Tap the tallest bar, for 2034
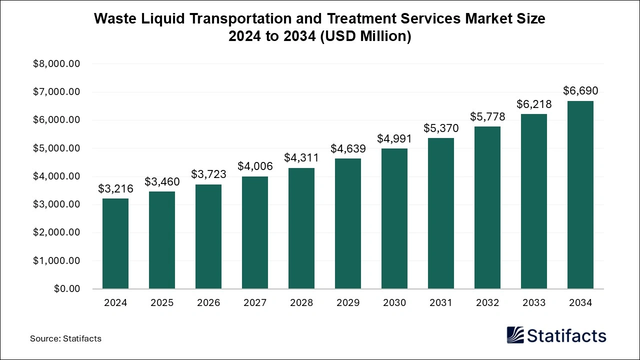click(580, 195)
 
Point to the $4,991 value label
click(394, 139)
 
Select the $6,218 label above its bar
click(534, 104)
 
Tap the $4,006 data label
click(254, 166)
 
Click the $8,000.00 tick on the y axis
click(56, 64)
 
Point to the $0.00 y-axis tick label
click(67, 289)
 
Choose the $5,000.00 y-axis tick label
click(56, 148)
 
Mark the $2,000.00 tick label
click(56, 232)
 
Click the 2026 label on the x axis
click(208, 303)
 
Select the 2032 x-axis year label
click(487, 303)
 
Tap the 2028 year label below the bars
click(301, 303)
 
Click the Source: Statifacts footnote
click(65, 338)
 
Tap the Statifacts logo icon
click(515, 335)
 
